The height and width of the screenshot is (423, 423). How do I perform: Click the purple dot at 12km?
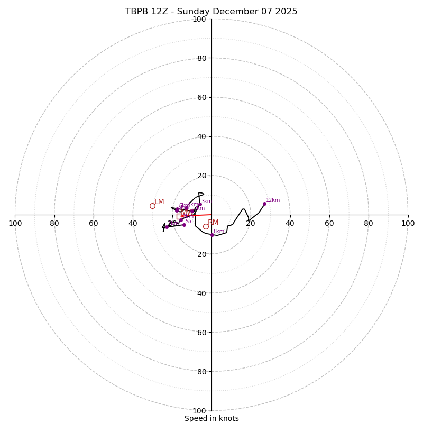264,204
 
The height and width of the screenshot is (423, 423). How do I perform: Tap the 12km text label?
273,200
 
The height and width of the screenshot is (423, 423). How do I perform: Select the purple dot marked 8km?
212,235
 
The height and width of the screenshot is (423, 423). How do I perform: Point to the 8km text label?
219,232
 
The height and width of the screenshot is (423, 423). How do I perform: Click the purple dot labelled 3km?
200,205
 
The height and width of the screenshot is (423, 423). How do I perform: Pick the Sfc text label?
189,222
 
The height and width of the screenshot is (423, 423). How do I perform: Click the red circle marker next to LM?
152,206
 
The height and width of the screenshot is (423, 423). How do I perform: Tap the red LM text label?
159,202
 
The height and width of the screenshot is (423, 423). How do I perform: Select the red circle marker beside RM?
206,226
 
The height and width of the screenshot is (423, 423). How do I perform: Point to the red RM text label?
213,223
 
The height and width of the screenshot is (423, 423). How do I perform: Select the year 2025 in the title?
286,12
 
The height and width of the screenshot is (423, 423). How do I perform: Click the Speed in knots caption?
212,418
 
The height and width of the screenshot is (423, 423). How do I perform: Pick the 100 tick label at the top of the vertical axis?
199,19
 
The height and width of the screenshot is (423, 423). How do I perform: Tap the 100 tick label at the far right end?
408,223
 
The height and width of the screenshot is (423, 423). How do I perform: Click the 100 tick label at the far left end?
15,223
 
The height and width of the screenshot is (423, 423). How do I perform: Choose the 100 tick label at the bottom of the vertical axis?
199,411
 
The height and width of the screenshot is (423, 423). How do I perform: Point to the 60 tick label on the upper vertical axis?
201,97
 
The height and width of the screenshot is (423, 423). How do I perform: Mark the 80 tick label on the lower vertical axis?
201,372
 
